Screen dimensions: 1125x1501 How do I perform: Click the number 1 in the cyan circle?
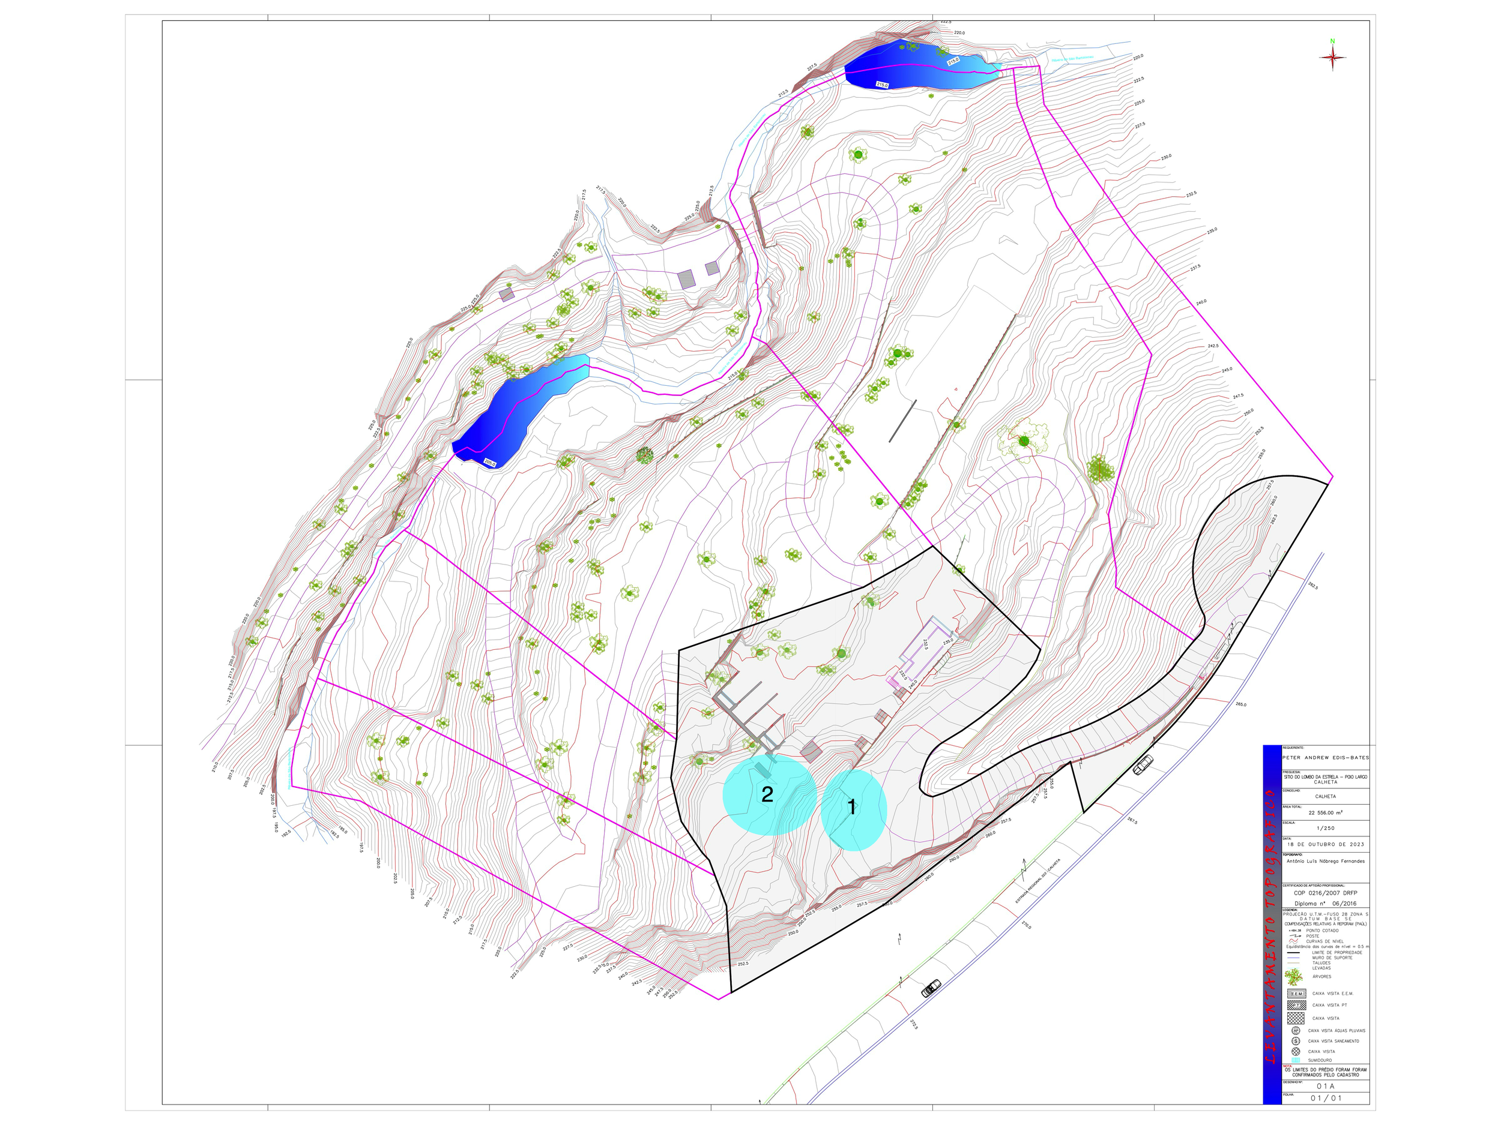pyautogui.click(x=851, y=807)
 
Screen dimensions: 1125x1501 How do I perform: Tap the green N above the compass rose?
pyautogui.click(x=1332, y=41)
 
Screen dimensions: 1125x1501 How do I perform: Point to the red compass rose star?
pyautogui.click(x=1333, y=58)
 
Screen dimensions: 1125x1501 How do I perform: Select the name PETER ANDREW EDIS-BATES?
pyautogui.click(x=1325, y=757)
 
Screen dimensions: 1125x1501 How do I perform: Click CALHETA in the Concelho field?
pyautogui.click(x=1325, y=796)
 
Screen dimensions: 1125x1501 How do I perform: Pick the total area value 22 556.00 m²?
pyautogui.click(x=1325, y=812)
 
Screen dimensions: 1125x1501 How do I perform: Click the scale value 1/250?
pyautogui.click(x=1325, y=828)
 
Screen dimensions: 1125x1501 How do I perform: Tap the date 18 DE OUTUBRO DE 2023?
pyautogui.click(x=1325, y=844)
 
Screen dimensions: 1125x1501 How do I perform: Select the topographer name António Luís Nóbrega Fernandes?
pyautogui.click(x=1325, y=861)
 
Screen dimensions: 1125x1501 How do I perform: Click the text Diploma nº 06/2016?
pyautogui.click(x=1325, y=903)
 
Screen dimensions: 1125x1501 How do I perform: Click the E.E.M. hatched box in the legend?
pyautogui.click(x=1296, y=994)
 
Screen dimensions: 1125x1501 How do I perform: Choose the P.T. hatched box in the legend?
pyautogui.click(x=1296, y=1006)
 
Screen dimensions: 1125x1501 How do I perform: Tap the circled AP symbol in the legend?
pyautogui.click(x=1296, y=1030)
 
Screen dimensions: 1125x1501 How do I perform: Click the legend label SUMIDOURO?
pyautogui.click(x=1320, y=1060)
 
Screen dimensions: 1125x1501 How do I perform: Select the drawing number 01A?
pyautogui.click(x=1325, y=1085)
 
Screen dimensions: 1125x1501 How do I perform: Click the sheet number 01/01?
pyautogui.click(x=1325, y=1098)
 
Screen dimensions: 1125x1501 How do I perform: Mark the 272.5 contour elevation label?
pyautogui.click(x=913, y=1024)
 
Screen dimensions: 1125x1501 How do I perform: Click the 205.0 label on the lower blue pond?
pyautogui.click(x=490, y=463)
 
